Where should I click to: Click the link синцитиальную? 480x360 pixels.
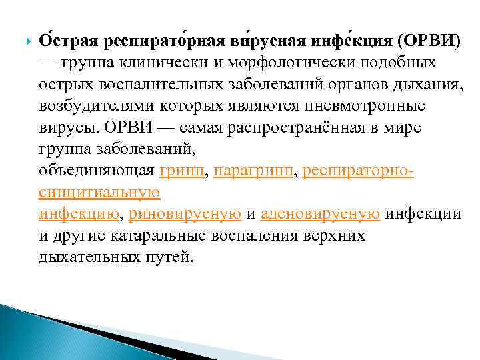tap(99, 192)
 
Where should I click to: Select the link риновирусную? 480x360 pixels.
tap(185, 213)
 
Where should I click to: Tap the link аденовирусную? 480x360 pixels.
tap(321, 213)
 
